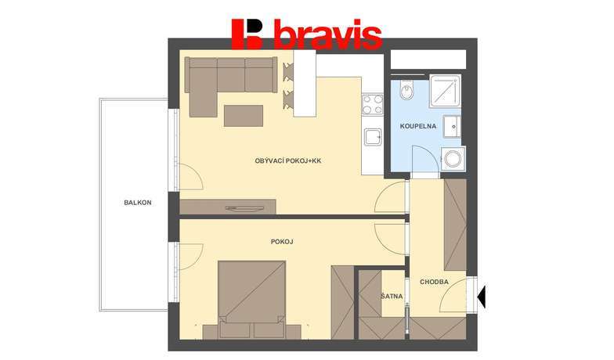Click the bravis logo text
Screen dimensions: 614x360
(327, 34)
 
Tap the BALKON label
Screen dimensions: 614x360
(138, 203)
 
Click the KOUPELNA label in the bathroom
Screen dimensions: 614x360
(418, 127)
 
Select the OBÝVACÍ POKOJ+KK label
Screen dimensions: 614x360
(288, 160)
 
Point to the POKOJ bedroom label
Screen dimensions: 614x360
(282, 242)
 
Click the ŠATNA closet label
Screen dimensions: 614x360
(392, 296)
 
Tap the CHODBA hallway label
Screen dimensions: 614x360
(434, 282)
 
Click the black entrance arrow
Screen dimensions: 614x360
(482, 296)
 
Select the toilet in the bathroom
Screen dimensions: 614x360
(407, 90)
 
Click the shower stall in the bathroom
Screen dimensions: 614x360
(445, 91)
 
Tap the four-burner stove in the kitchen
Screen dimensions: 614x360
(373, 104)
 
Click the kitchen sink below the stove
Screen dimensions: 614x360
(373, 137)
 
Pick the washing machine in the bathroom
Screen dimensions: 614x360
(453, 159)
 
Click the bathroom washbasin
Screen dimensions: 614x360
(452, 127)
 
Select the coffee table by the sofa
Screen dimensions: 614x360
(243, 116)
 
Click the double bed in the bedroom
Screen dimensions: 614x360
(252, 300)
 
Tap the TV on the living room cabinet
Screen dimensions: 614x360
(244, 208)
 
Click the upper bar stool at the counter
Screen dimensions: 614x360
(288, 72)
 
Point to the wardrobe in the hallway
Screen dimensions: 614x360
(455, 225)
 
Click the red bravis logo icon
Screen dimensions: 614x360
(247, 34)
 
